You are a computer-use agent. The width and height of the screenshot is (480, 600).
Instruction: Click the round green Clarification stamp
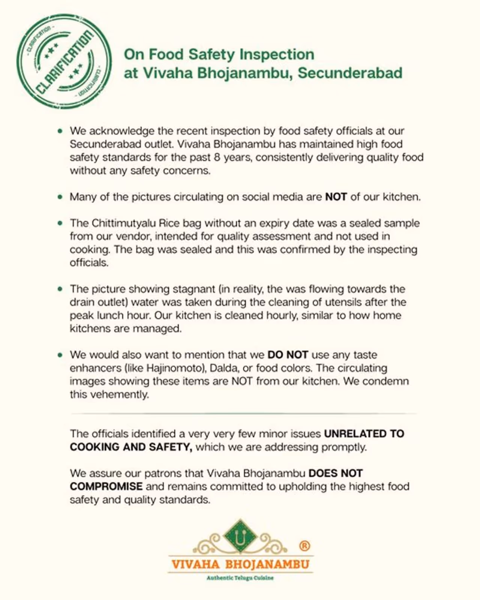click(64, 61)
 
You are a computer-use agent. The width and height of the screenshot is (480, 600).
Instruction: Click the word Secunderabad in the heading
click(350, 73)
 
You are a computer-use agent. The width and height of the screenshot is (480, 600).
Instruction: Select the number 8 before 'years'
click(217, 157)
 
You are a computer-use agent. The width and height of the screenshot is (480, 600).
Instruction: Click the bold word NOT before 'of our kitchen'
click(336, 197)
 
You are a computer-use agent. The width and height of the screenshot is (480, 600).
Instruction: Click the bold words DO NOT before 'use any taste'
click(288, 355)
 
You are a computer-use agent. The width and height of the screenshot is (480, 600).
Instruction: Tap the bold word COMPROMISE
click(106, 486)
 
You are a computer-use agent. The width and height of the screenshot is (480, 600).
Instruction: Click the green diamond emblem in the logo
click(240, 537)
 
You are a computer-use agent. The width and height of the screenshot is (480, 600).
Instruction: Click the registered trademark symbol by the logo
click(304, 546)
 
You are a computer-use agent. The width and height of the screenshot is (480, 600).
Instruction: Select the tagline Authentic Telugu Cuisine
click(240, 578)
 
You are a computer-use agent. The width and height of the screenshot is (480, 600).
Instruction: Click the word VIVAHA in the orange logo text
click(195, 564)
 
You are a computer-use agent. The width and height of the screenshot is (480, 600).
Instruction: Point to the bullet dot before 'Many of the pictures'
click(60, 197)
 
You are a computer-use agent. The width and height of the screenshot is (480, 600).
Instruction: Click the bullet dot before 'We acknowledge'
click(60, 131)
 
